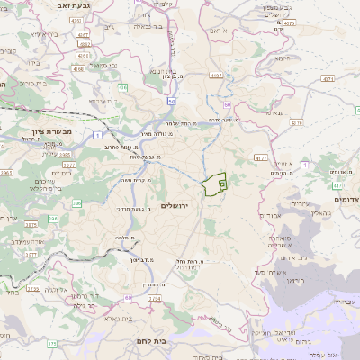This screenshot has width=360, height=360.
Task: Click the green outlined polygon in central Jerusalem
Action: (214, 184)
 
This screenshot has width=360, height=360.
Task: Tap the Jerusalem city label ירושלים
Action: (177, 206)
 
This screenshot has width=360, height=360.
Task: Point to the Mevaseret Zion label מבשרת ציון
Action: (45, 132)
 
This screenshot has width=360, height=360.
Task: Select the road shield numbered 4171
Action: (326, 79)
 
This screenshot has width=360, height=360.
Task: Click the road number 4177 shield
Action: (260, 157)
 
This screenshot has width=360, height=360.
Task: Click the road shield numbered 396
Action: (51, 219)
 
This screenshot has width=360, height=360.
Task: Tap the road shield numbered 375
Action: (51, 343)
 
